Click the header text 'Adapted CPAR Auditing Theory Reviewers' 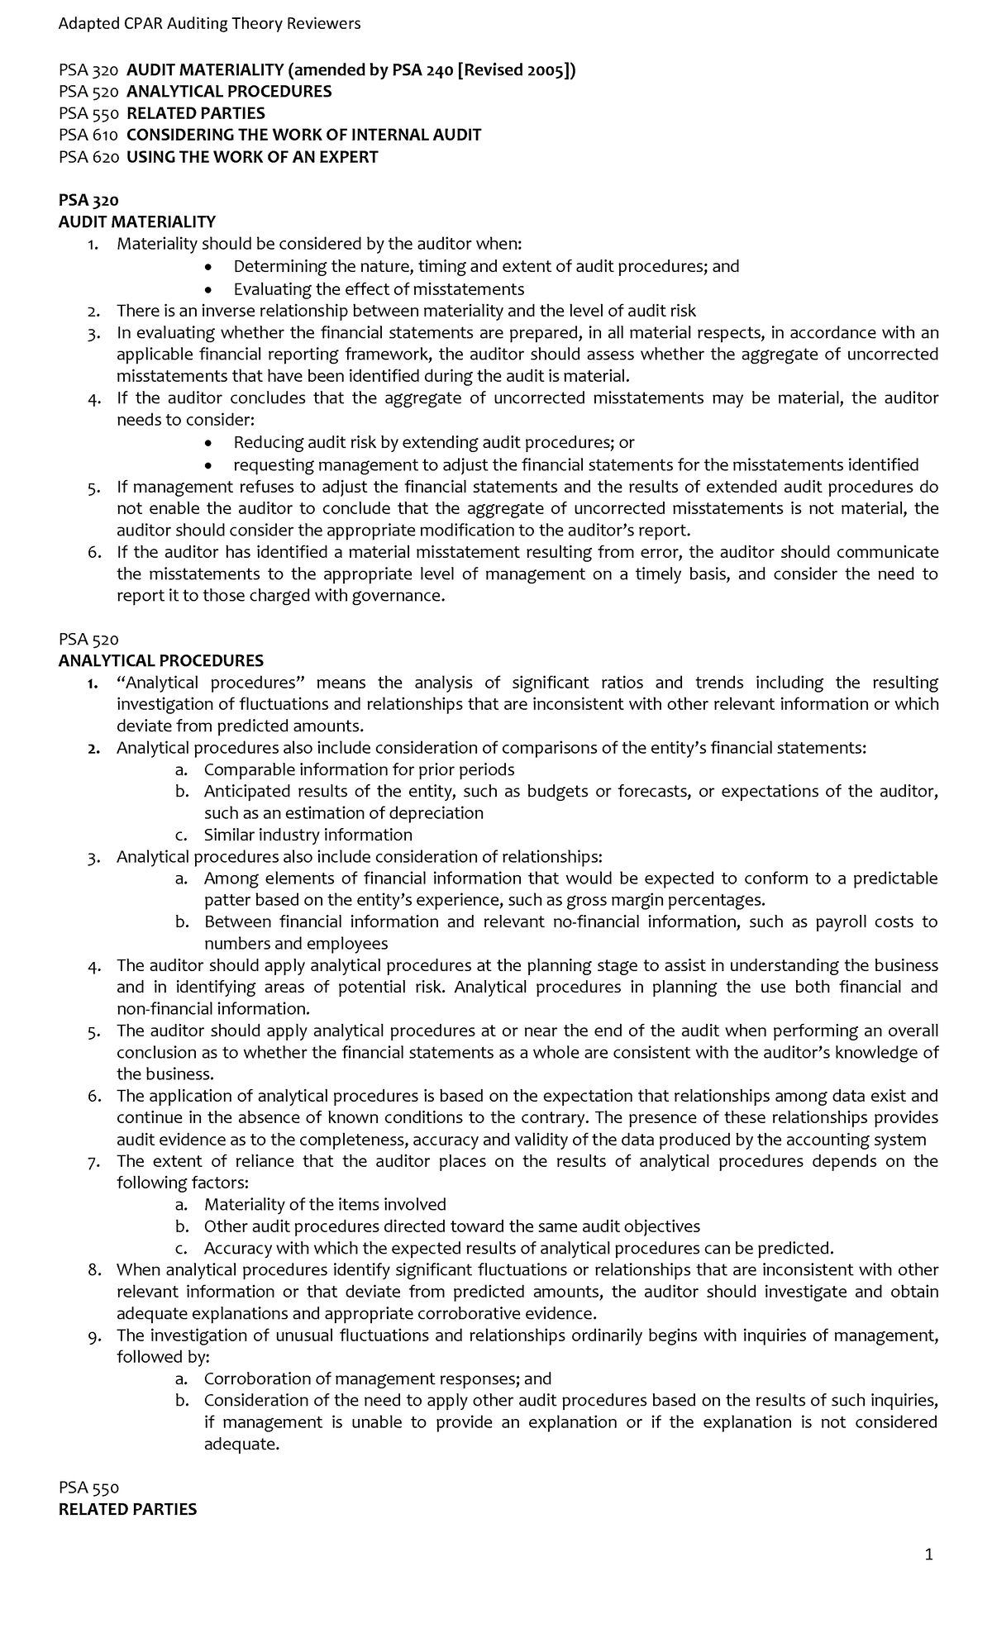click(x=209, y=23)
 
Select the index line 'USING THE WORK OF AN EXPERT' click(x=252, y=157)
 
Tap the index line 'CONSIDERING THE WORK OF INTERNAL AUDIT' click(x=303, y=135)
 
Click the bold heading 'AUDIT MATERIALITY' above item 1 click(x=136, y=221)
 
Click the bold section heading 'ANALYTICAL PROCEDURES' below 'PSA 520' click(x=161, y=660)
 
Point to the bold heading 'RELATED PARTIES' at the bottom click(x=127, y=1509)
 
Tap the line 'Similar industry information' click(x=308, y=835)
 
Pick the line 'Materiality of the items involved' click(x=325, y=1204)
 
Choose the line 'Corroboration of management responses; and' click(x=377, y=1378)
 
